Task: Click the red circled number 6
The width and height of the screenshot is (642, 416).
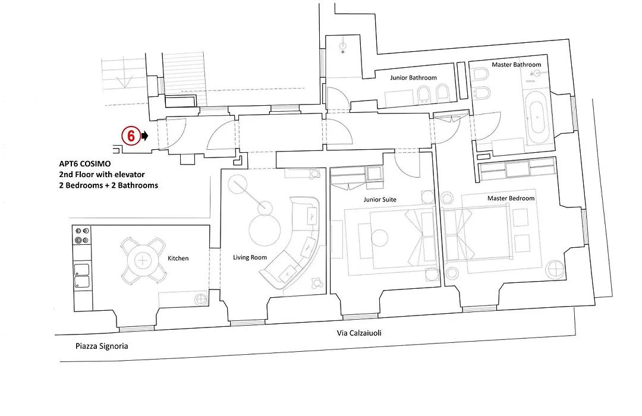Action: (x=131, y=135)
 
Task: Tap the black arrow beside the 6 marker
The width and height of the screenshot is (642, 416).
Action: (x=144, y=135)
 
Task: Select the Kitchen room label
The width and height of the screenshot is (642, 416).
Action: (x=178, y=259)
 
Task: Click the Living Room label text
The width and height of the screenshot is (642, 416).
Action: (x=250, y=257)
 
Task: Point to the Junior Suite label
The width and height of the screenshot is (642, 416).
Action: (x=380, y=200)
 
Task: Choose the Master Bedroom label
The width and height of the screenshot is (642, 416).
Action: (x=511, y=198)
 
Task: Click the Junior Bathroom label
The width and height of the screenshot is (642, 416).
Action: (x=413, y=78)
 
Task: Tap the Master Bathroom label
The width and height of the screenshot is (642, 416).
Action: (x=517, y=65)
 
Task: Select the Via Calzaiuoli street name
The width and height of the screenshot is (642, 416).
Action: (x=359, y=333)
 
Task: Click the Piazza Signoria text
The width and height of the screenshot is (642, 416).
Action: (x=102, y=346)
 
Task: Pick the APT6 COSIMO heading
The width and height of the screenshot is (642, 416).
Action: (x=85, y=164)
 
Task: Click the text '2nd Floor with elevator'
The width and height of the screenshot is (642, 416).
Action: (x=102, y=175)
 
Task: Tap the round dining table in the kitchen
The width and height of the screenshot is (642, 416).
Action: (x=143, y=260)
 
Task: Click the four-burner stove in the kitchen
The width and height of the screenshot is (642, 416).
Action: (x=81, y=235)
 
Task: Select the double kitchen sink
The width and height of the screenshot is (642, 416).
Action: (x=81, y=276)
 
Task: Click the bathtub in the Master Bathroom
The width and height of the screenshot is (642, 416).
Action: (x=537, y=117)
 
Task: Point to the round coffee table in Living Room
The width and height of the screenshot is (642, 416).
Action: (x=265, y=231)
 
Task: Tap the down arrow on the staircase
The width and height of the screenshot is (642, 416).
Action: (x=124, y=81)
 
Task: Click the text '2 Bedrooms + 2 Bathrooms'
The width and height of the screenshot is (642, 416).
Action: (x=109, y=185)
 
